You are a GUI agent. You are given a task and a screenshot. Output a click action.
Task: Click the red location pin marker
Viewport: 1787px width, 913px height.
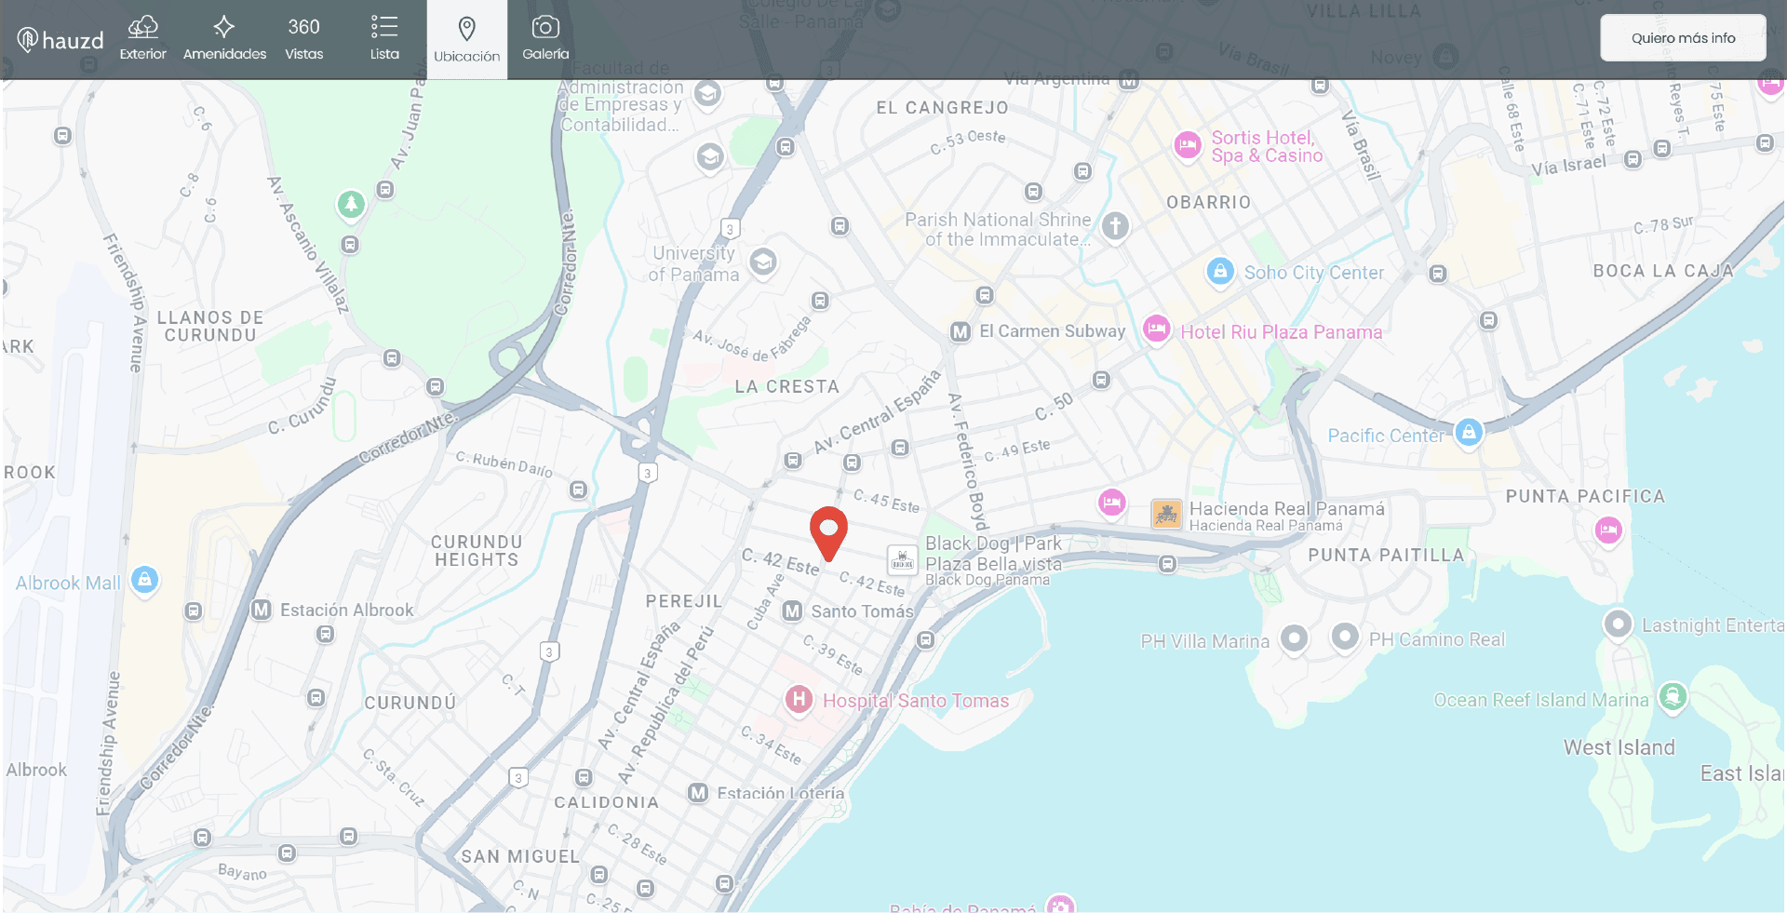tap(827, 530)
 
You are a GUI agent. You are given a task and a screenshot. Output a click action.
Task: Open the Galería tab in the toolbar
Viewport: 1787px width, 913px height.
tap(545, 39)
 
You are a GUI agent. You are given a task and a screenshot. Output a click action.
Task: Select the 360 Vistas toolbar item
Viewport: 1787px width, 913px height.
tap(303, 39)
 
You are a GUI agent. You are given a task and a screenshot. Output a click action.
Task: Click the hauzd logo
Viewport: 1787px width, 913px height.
tap(60, 40)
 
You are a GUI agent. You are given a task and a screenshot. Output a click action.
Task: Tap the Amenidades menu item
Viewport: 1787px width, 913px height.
tap(224, 39)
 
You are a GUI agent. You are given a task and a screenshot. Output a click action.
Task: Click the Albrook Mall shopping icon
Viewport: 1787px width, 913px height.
tap(144, 580)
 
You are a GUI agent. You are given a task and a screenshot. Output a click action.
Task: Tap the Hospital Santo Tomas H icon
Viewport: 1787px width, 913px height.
tap(799, 700)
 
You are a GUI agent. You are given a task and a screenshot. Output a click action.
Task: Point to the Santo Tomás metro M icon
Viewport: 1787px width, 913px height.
tap(792, 611)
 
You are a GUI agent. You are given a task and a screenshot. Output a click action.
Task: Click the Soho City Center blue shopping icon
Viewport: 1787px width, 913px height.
tap(1219, 271)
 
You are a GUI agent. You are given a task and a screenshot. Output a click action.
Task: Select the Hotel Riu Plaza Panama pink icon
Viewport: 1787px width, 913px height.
tap(1156, 329)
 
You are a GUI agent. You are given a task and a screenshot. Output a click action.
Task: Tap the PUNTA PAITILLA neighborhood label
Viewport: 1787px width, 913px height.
tap(1385, 556)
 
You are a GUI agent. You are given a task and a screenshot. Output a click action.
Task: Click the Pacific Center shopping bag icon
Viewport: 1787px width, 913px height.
tap(1468, 432)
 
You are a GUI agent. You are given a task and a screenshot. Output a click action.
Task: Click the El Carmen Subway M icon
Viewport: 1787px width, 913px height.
tap(961, 331)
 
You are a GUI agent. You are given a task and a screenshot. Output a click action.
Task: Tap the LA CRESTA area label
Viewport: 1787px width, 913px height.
tap(786, 386)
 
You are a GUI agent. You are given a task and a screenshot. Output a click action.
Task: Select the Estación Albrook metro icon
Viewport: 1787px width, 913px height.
tap(262, 610)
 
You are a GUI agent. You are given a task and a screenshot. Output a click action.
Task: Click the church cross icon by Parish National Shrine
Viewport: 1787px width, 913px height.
tap(1115, 225)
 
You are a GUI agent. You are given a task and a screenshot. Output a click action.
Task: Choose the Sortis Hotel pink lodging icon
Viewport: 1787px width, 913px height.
tap(1187, 145)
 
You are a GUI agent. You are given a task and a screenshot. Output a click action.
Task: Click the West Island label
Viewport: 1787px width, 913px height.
tap(1619, 747)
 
